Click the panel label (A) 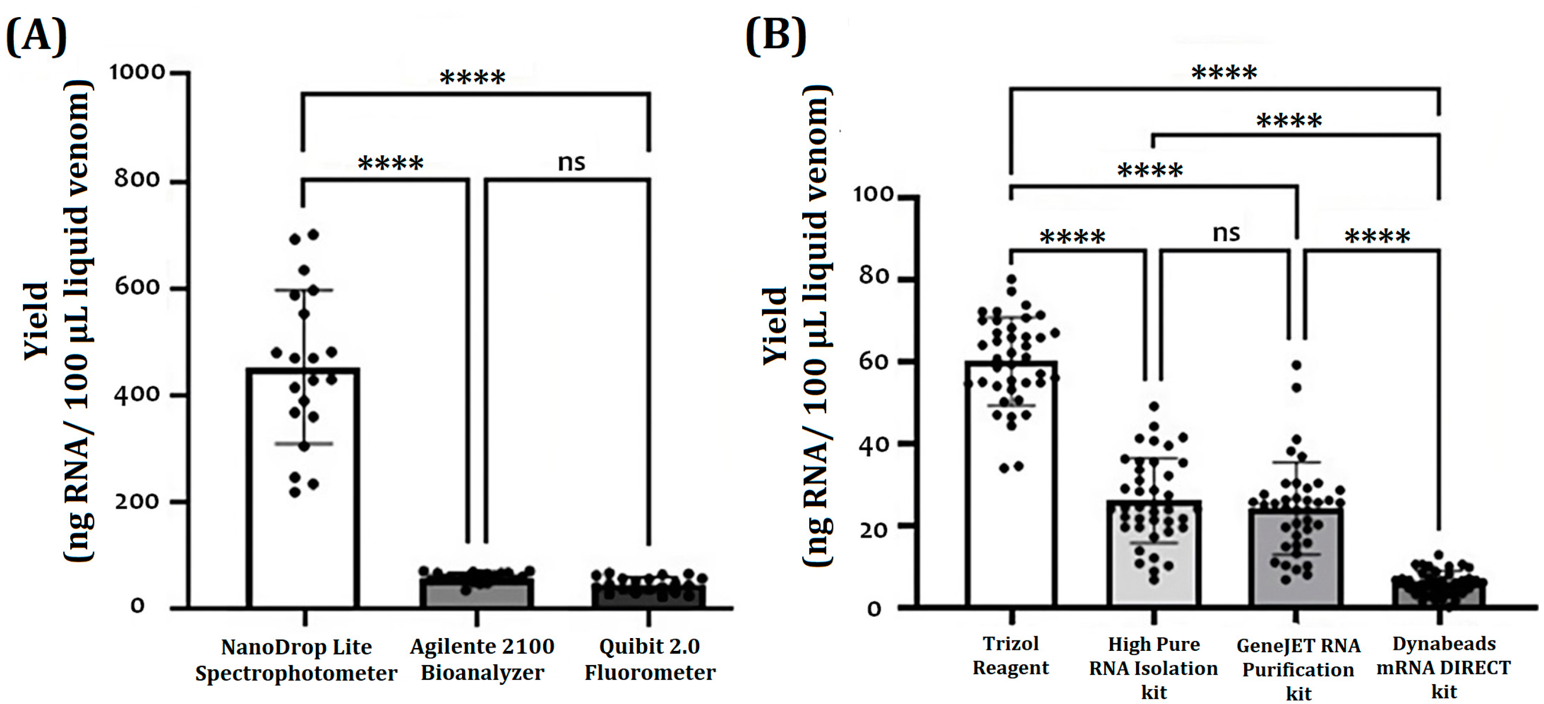point(36,36)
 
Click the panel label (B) point(776,36)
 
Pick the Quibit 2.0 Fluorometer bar point(648,595)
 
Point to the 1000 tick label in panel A point(137,73)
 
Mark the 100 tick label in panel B point(873,195)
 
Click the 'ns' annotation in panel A point(571,162)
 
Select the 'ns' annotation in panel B point(1226,232)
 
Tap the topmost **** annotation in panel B point(1224,74)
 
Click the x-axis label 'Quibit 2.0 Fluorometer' point(650,659)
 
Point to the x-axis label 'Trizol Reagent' point(1010,656)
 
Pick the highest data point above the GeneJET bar point(1296,365)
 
